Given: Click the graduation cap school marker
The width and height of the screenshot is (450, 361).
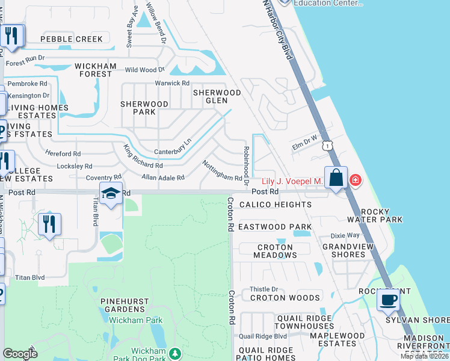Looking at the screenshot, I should [x=111, y=193].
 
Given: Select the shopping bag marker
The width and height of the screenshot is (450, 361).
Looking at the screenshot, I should [x=336, y=178].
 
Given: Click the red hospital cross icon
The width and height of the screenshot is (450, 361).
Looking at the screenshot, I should [x=356, y=180].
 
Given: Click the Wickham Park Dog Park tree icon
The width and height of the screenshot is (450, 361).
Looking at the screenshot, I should [x=175, y=352].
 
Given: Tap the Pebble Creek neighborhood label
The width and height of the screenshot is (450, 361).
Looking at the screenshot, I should [x=72, y=39].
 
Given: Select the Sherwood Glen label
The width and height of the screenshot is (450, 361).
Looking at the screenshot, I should [x=217, y=97].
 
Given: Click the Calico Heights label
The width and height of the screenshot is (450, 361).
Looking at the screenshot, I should [x=276, y=205].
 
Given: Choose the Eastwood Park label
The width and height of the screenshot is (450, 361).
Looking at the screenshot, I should [x=275, y=227].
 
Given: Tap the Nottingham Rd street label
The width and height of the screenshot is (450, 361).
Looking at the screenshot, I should [x=222, y=171].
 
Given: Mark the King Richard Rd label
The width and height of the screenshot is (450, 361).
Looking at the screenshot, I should [x=143, y=156].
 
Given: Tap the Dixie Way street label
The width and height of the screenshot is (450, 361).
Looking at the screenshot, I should [x=345, y=235].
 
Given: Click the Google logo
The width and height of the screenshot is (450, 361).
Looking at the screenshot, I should [x=20, y=354].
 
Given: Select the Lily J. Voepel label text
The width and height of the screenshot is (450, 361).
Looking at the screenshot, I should [x=292, y=181].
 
